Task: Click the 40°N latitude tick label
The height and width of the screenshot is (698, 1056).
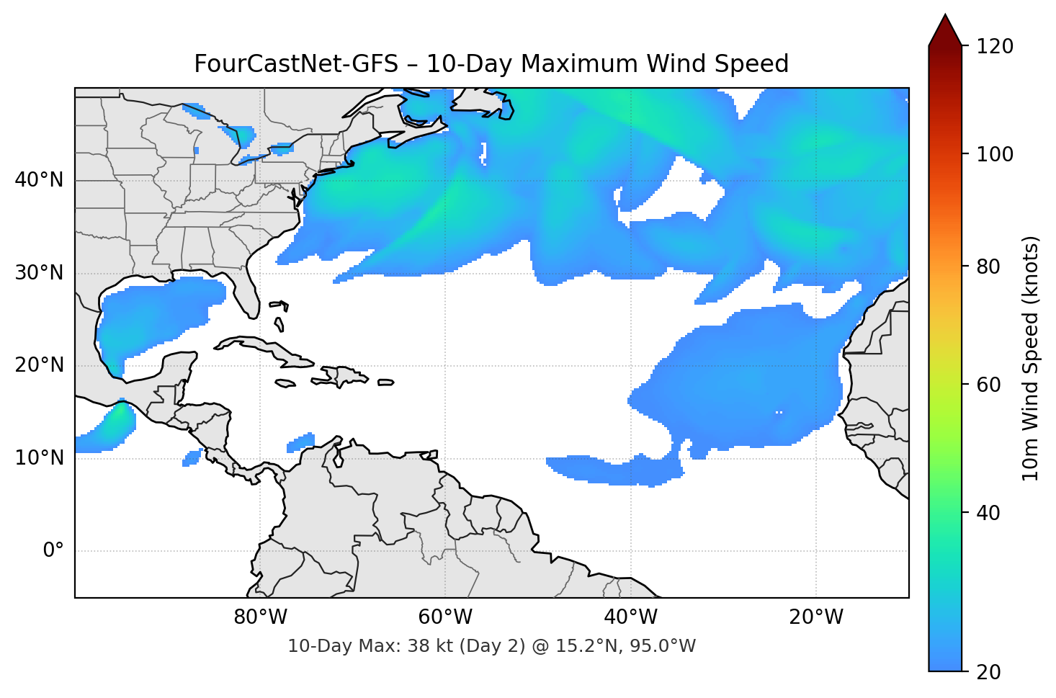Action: coord(39,180)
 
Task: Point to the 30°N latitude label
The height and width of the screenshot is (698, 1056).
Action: coord(39,273)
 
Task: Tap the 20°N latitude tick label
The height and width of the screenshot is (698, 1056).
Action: coord(39,365)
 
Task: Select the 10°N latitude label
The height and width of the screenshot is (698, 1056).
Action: coord(39,458)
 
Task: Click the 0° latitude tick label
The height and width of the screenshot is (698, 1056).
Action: coord(53,551)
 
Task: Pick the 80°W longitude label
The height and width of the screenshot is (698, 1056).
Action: coord(260,617)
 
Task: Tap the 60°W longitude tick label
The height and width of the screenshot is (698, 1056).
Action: coord(445,617)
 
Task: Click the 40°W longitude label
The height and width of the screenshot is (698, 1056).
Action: coord(630,617)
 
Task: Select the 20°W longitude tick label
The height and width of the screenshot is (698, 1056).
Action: coord(815,617)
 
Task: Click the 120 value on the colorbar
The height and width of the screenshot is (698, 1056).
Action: coord(995,47)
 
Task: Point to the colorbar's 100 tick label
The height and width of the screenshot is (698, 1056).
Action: coord(995,154)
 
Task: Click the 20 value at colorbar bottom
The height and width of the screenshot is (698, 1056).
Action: coord(989,672)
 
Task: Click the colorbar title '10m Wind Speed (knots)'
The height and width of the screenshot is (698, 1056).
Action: coord(1031,358)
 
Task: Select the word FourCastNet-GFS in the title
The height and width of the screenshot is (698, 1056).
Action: coord(296,64)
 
